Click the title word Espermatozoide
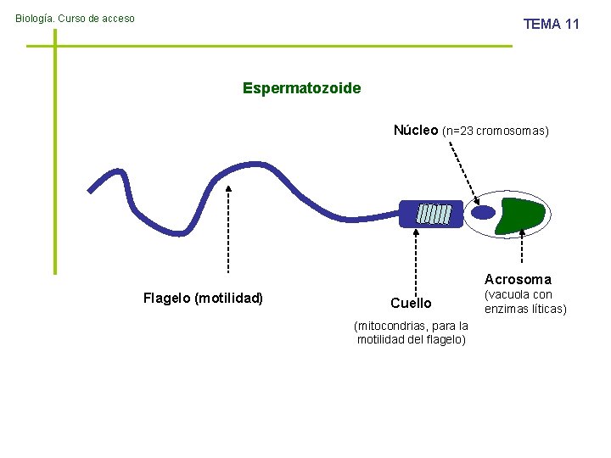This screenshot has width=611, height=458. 301,88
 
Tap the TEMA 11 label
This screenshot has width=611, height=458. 551,24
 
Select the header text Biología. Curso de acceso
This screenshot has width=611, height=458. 75,19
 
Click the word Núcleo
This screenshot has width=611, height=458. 416,130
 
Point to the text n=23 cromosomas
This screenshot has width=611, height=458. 496,131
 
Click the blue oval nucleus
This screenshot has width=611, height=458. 483,213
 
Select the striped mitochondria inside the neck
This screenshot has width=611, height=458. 434,214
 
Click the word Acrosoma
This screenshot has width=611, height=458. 518,279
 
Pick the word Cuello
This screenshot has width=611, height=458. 411,303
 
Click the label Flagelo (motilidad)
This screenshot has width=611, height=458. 203,298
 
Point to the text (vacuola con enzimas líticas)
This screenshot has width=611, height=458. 524,302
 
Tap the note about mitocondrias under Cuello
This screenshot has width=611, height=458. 412,332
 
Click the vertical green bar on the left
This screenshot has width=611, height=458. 55,153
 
